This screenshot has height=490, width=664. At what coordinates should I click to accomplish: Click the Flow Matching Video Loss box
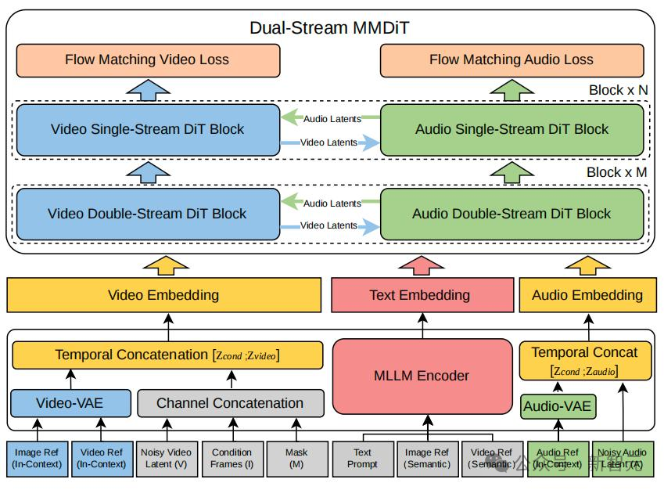coord(147,60)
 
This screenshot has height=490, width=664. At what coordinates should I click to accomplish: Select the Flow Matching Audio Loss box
coord(511,60)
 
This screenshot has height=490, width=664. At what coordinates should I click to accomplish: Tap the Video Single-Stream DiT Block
coord(147,129)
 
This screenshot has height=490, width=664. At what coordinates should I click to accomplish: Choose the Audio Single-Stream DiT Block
coord(511,129)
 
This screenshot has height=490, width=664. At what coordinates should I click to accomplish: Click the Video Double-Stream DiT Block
coord(147,214)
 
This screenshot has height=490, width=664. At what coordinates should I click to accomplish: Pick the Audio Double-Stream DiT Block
coord(511,214)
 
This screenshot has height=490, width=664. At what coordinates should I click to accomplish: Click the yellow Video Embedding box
coord(163,295)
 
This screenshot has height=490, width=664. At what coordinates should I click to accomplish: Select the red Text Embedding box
coord(419,295)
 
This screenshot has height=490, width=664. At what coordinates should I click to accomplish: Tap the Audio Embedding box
coord(587,295)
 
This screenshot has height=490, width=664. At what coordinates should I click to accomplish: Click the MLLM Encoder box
coord(421,376)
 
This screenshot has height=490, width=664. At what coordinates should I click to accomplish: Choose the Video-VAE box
coord(70,403)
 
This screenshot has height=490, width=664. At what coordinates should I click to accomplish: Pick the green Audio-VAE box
coord(557,406)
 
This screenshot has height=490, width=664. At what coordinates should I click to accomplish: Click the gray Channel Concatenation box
coord(230,403)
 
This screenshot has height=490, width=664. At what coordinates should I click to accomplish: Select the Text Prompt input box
coord(362,458)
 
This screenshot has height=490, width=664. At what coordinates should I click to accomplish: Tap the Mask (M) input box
coord(296,458)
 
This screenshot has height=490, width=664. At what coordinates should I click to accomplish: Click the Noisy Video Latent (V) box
coord(166,458)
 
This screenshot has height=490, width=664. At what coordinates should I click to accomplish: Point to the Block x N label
coord(618,90)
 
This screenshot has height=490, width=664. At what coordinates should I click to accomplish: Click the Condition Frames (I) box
coord(232,458)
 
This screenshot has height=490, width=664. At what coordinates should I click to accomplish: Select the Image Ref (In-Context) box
coord(37,458)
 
